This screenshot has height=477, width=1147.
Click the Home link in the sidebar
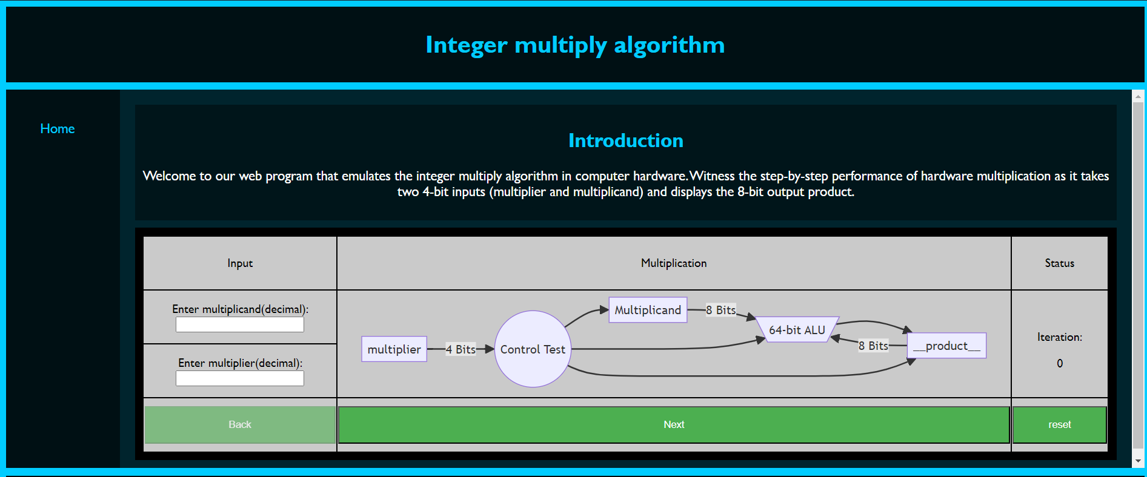58,128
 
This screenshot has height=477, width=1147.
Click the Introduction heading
625,140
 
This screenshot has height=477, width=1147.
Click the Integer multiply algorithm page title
575,45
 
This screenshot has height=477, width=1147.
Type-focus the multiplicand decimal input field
240,324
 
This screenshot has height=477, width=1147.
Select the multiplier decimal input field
240,378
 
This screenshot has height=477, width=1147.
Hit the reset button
1059,424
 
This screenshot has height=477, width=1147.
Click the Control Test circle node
533,349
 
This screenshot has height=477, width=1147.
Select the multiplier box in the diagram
394,349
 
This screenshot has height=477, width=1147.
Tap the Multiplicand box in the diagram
648,310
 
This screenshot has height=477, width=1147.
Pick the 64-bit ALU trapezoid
797,330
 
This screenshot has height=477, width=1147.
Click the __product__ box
946,346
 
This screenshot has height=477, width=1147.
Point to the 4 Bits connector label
460,349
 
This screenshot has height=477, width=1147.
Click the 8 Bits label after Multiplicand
721,310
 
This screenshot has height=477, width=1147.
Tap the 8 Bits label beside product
873,346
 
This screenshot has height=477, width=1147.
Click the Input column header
240,263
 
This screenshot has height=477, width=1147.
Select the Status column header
1059,263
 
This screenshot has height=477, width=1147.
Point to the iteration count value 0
1060,363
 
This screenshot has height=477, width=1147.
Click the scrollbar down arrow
1138,461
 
